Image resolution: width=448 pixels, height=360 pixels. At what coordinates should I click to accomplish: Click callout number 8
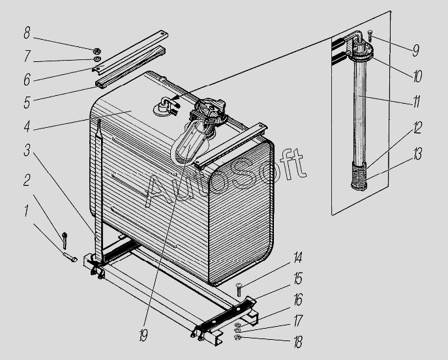point(27,33)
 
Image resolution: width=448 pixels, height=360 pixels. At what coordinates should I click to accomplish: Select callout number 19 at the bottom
point(143,335)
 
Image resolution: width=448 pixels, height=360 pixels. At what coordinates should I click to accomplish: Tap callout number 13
point(417,154)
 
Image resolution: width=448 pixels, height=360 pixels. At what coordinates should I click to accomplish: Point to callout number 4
point(27,126)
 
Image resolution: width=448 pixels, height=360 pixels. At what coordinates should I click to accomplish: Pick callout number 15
point(298,278)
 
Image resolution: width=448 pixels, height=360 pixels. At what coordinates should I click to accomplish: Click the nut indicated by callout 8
point(97,52)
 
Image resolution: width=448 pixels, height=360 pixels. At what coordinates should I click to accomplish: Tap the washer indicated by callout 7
point(97,59)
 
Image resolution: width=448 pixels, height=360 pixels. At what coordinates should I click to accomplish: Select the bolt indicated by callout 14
point(239,289)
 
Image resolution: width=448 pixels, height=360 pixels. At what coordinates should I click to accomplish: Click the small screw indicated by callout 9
point(370,36)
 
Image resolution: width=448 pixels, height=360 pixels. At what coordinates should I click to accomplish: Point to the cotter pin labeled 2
point(65,240)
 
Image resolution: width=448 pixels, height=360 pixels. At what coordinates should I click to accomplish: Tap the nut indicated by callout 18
point(237,338)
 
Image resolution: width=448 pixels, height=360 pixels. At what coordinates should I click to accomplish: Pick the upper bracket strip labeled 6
point(130,52)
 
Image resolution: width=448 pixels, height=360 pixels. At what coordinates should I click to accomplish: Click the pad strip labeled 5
point(130,67)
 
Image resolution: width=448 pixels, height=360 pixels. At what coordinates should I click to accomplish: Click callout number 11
point(417,102)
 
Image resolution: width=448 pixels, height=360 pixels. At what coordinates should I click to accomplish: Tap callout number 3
point(27,150)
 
